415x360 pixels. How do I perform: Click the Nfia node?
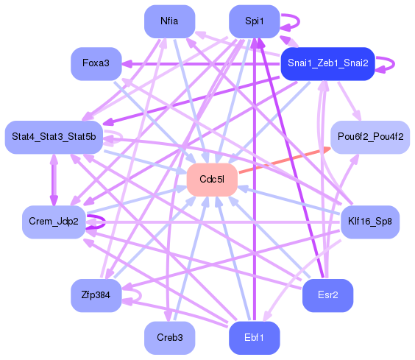tap(169, 21)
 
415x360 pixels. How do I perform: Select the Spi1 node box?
tap(254, 21)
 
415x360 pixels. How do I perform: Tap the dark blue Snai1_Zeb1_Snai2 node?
tap(327, 63)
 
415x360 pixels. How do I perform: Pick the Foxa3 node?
tap(96, 63)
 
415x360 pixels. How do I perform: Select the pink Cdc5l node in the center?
tap(211, 180)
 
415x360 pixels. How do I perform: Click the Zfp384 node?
tap(96, 296)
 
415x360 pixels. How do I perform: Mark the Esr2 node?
tap(327, 296)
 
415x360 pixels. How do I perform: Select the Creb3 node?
tap(169, 338)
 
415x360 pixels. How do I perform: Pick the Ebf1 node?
tap(254, 338)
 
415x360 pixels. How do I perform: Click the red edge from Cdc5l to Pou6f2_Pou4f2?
tap(283, 160)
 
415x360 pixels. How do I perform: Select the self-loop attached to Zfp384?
tap(139, 296)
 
